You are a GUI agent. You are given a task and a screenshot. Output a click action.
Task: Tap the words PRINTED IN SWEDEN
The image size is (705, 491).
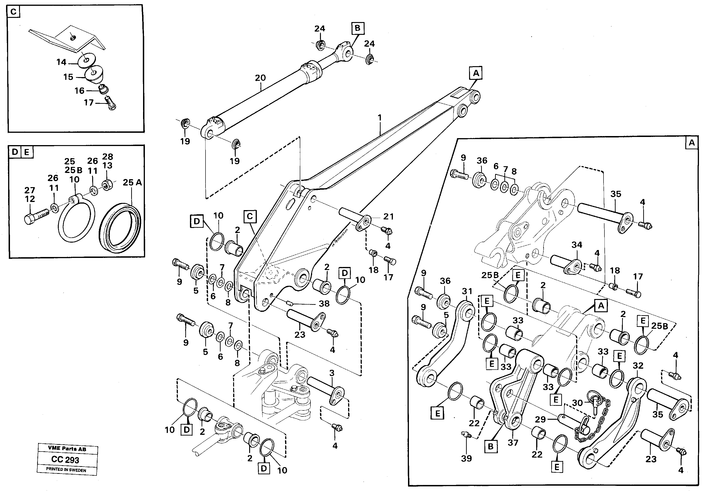pos(66,469)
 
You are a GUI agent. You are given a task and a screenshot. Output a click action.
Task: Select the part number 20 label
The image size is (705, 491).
pos(260,78)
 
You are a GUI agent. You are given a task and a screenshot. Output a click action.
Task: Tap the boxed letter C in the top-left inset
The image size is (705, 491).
pos(13,12)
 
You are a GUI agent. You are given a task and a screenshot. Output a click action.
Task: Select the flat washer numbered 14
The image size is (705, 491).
pos(87,61)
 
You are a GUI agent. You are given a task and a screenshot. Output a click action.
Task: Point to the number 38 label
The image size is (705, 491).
pos(324,304)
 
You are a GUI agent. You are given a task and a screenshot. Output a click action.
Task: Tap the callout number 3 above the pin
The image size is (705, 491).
pos(332,373)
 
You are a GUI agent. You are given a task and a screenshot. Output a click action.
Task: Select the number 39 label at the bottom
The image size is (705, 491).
pos(466,458)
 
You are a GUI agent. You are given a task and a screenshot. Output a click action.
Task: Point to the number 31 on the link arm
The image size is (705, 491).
pos(467,291)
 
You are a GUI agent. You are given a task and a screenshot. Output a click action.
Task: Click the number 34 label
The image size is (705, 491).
pos(577,245)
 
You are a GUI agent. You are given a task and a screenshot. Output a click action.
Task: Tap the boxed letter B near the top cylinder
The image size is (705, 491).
pos(357,28)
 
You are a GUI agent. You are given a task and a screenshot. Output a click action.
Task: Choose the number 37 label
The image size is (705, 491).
pos(513,443)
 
